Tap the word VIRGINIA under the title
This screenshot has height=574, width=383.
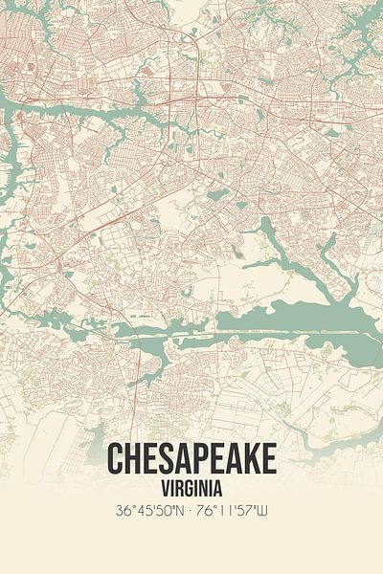(x=191, y=489)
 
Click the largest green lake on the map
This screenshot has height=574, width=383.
(x=306, y=316)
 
